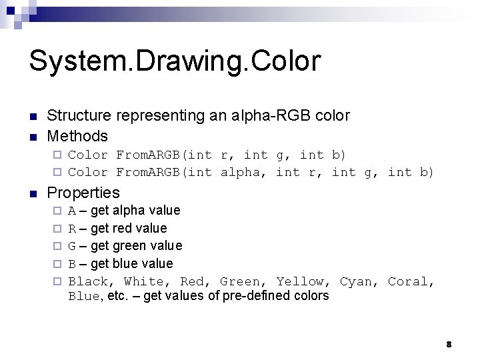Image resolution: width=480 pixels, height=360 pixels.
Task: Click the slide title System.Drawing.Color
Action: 175,61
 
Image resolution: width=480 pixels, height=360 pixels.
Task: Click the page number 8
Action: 449,344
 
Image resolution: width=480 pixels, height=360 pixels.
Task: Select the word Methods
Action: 77,136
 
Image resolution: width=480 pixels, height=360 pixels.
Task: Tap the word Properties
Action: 83,193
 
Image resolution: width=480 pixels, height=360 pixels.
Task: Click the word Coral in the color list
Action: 411,281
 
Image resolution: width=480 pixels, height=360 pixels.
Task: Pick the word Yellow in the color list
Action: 303,281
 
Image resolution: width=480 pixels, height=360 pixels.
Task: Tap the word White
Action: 145,281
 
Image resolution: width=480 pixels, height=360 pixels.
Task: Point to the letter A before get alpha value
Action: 72,211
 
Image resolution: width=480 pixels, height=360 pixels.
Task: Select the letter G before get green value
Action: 72,246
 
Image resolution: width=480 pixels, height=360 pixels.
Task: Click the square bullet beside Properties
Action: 33,193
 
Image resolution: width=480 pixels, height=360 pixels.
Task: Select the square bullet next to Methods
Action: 33,137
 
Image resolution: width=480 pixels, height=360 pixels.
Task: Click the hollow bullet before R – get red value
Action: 57,229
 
